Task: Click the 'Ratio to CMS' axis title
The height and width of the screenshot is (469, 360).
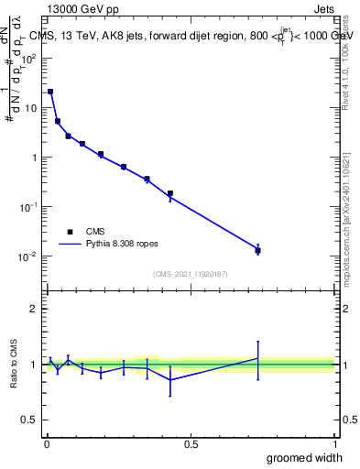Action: click(x=15, y=365)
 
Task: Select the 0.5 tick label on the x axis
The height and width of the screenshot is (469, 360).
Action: click(x=191, y=444)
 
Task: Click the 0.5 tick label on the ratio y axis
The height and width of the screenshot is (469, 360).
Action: click(x=30, y=421)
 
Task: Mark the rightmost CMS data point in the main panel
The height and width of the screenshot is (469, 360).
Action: click(x=258, y=250)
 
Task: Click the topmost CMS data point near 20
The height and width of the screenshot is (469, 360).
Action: click(x=50, y=92)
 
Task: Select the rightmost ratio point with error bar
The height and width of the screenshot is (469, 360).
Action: click(x=258, y=358)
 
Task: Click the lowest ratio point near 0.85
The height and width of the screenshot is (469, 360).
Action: click(x=170, y=379)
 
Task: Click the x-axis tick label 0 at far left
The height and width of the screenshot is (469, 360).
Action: click(x=47, y=444)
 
